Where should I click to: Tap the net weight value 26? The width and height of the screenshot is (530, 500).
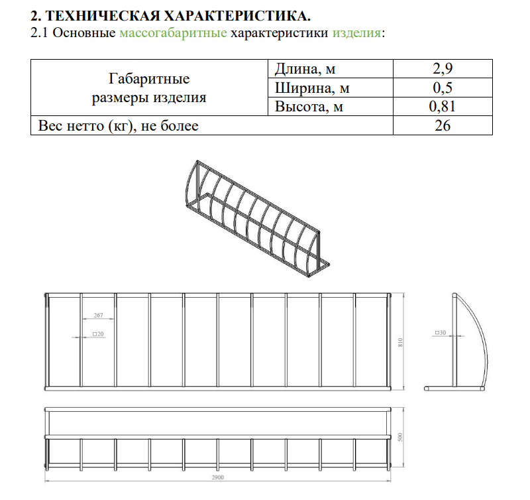point(443,125)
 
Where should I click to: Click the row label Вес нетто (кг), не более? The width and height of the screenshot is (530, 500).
point(119,125)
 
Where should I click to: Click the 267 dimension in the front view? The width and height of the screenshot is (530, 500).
point(98,315)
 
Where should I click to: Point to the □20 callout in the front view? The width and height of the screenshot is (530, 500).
point(99,334)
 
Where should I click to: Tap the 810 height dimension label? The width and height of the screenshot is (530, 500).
point(400,342)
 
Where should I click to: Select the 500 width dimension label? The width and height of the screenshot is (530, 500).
point(400,438)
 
